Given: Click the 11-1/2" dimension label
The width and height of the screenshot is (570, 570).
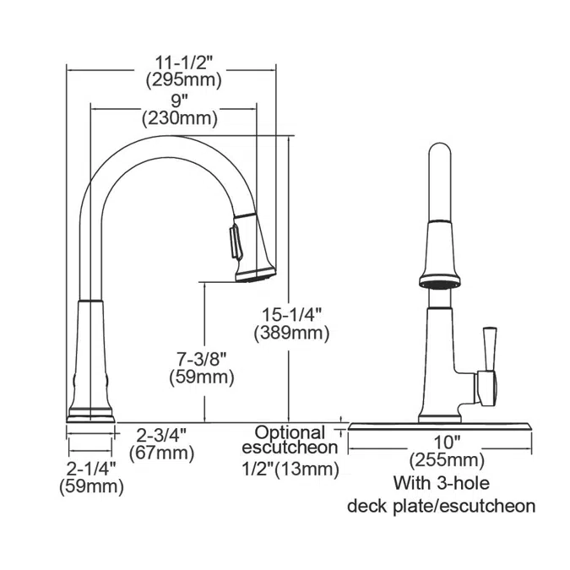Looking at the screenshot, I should tap(182, 62).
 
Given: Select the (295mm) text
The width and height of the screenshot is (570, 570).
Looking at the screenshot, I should tap(182, 80).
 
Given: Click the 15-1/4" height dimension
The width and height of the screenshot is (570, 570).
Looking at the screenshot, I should tap(291, 314).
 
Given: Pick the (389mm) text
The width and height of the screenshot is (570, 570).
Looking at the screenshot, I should tap(291, 333).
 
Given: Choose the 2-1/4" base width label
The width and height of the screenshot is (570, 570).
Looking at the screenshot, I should tap(90, 469).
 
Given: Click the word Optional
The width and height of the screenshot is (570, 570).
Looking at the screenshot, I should tap(290, 432).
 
